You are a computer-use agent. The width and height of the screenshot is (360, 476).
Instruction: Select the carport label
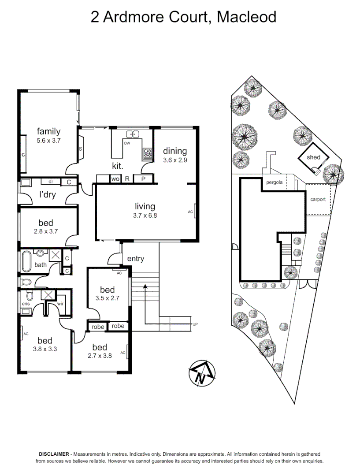318,199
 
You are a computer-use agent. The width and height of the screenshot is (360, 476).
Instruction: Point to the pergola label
274,182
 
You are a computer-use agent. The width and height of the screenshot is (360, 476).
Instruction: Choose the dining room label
175,151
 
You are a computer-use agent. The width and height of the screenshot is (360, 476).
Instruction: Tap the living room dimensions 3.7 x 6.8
145,216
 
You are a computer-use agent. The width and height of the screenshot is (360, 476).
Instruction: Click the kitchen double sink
132,134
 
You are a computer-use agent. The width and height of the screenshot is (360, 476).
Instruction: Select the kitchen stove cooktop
147,153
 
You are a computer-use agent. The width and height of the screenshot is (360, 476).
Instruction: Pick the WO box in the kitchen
115,179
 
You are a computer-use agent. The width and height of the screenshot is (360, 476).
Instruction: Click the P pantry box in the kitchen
143,179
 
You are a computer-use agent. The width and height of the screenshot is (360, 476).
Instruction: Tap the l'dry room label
47,195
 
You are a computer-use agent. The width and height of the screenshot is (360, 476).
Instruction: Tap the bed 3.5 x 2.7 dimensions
107,298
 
